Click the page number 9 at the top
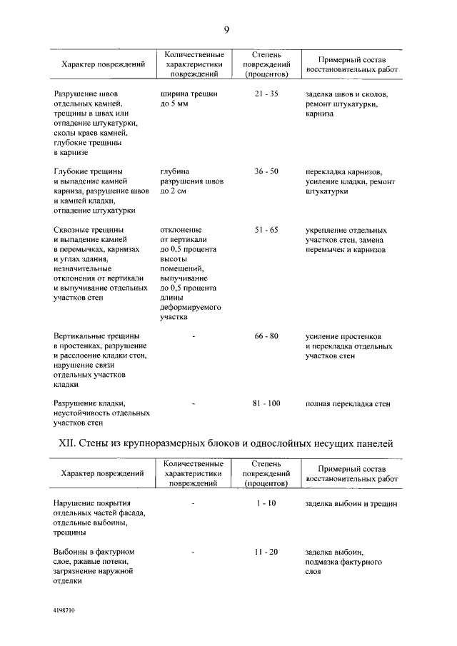226,29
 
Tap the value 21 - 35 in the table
266,94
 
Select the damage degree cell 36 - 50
266,172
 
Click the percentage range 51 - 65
266,231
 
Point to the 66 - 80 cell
266,335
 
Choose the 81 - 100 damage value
266,403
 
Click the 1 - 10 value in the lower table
266,503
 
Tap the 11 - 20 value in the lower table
266,552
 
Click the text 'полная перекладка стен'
348,403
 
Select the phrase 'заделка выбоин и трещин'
351,503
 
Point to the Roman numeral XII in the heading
66,443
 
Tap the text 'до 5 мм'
175,104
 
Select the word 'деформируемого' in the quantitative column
191,307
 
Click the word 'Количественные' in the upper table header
194,55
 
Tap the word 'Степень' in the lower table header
266,464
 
